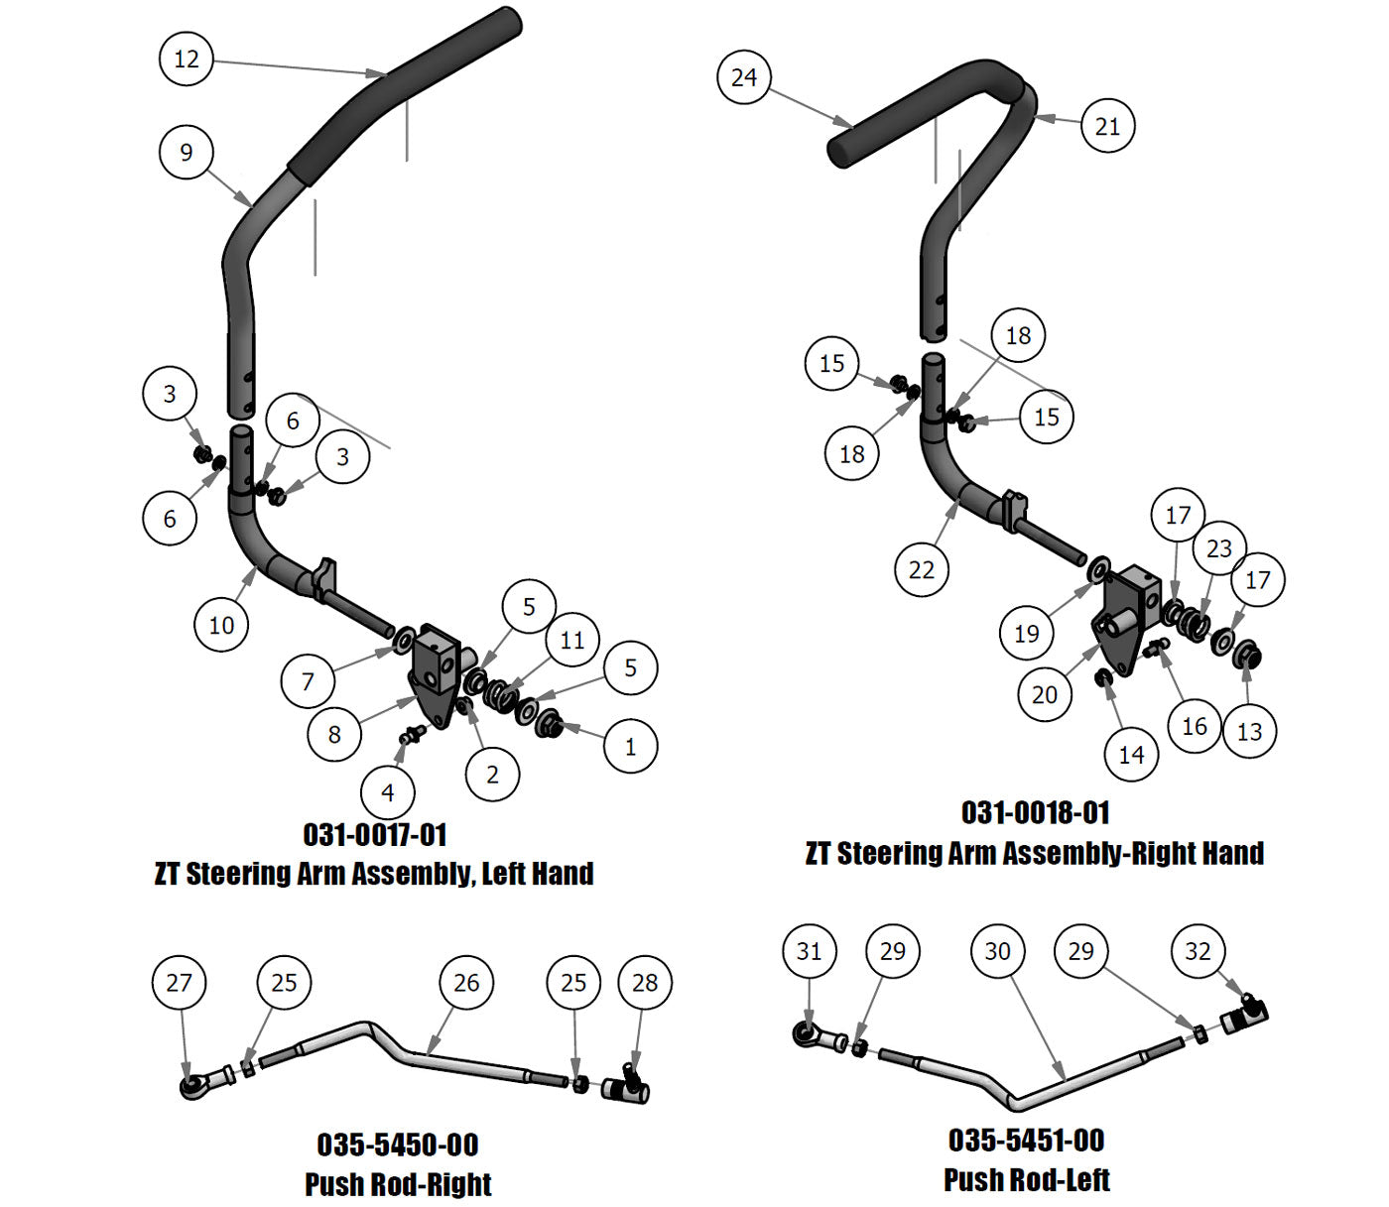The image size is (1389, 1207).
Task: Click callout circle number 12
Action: coord(187,59)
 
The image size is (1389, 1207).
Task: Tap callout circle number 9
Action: coord(187,152)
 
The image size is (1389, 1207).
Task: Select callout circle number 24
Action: coord(744,77)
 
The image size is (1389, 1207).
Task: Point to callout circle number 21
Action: coord(1107,126)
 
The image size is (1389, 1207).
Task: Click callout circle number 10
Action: coord(221,625)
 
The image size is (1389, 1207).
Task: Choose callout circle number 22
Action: coord(922,569)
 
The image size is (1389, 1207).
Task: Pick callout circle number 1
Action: coord(631,746)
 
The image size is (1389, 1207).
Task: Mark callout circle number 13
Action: coord(1249,731)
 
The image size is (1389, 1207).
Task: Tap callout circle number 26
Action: coord(466,983)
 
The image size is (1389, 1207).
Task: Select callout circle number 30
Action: coord(997,951)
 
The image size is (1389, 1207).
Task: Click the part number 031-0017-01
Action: coord(375,834)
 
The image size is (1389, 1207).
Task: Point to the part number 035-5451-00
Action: coord(1027,1141)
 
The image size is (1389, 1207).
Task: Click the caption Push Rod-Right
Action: coord(398,1183)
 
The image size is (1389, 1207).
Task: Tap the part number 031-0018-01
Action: coord(1035,813)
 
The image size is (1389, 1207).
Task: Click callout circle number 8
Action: coord(334,734)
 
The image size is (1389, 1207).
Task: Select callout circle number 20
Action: coord(1045,694)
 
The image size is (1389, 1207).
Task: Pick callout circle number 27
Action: coord(180,983)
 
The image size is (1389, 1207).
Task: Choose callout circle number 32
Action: coord(1199,951)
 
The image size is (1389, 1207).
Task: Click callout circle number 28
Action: coord(645,983)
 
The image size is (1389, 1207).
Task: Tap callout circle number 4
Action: coord(388,792)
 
